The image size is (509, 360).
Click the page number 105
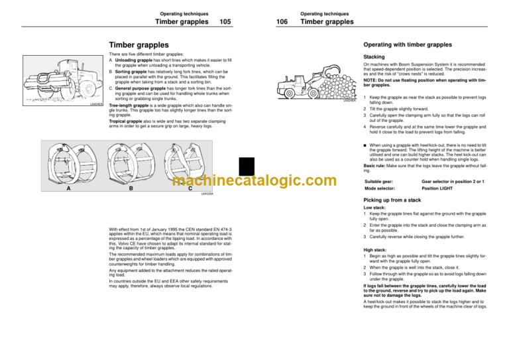[225, 21]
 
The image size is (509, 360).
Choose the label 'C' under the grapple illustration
[190, 188]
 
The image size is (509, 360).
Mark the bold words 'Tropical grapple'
[129, 121]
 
